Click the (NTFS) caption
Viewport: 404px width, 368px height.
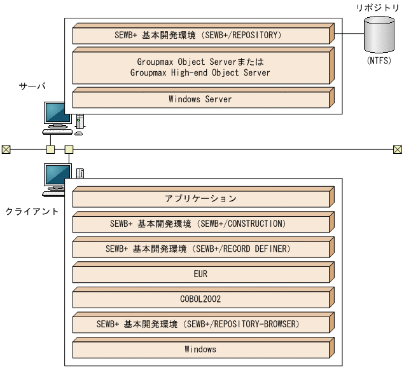[379, 61]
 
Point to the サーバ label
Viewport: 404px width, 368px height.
[32, 86]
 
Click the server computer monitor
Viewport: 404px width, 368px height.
[58, 114]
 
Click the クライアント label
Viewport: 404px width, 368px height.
[32, 211]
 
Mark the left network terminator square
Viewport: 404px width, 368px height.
[6, 149]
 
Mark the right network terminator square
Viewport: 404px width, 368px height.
[398, 149]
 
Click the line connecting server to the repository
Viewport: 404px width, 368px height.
[349, 34]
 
